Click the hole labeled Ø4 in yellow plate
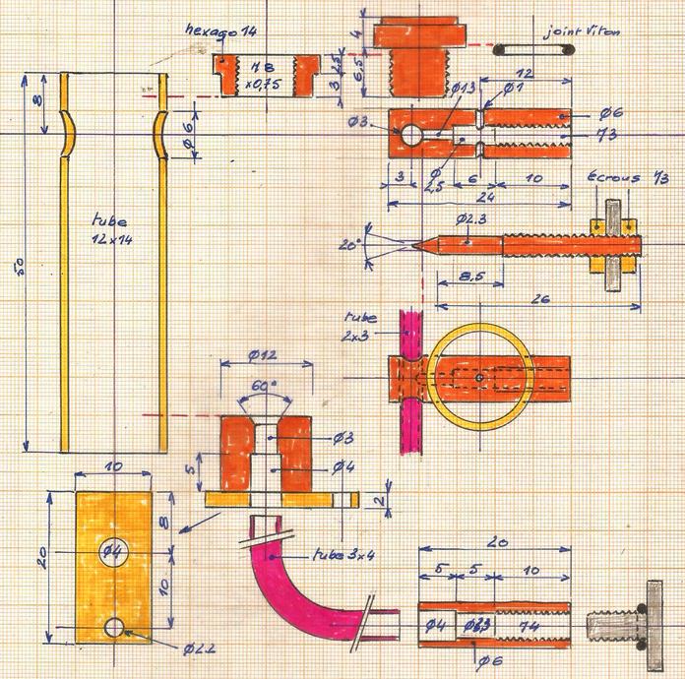click(113, 549)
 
